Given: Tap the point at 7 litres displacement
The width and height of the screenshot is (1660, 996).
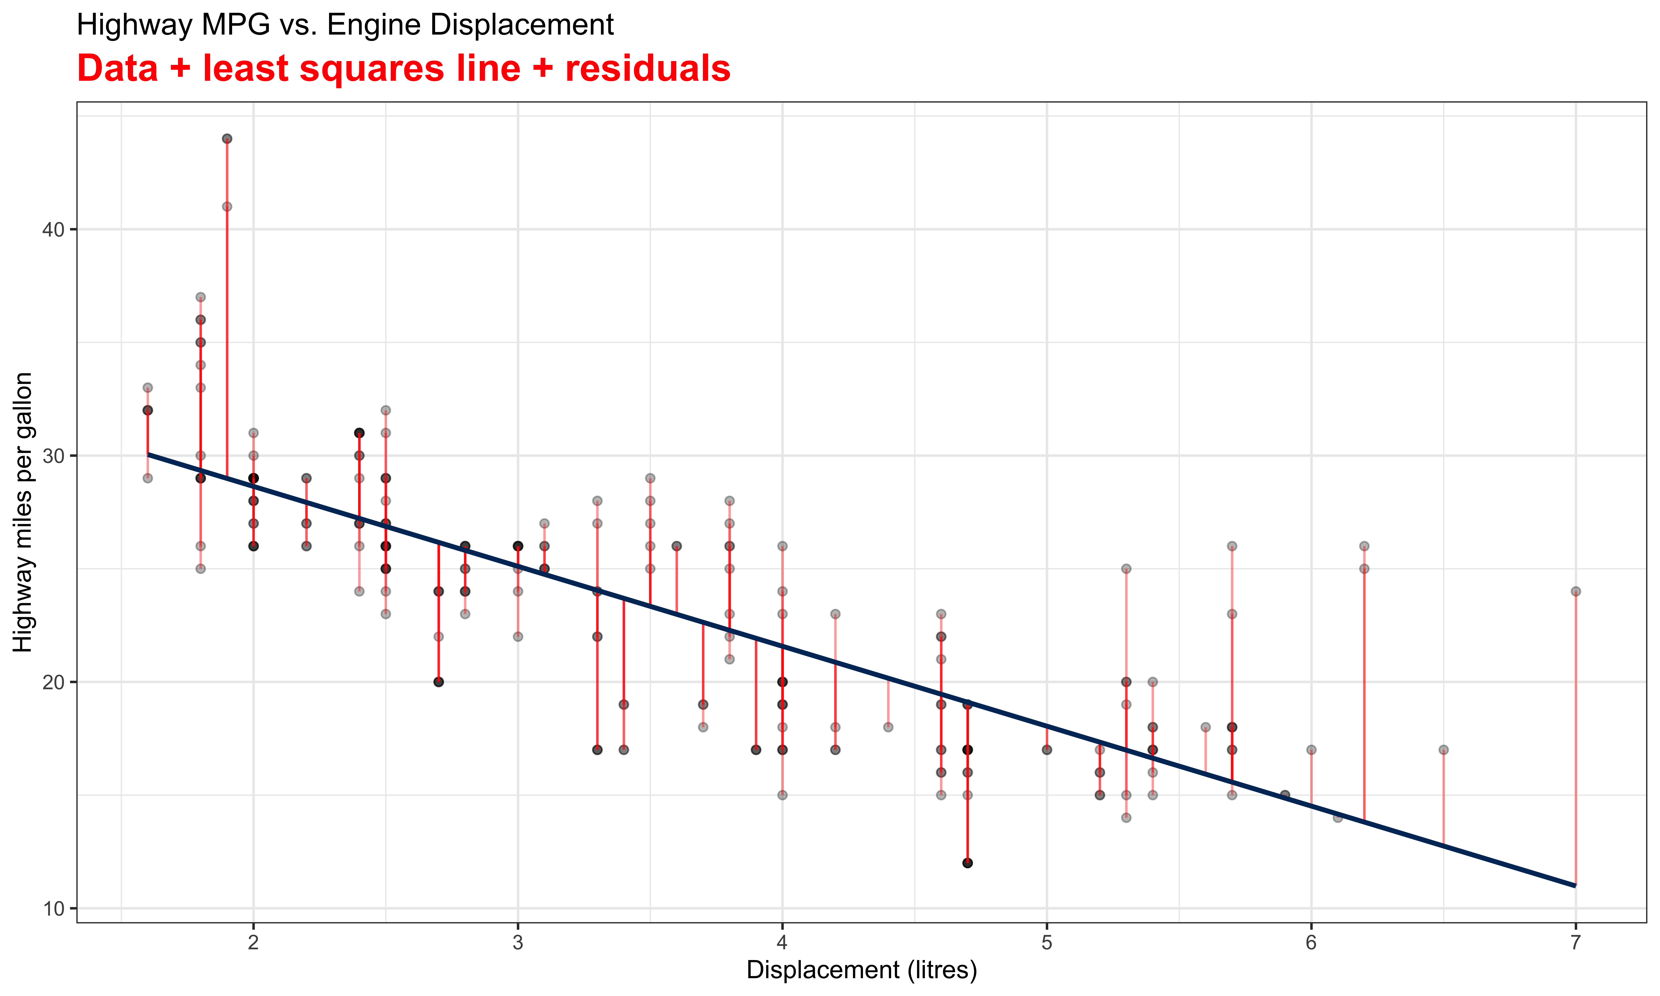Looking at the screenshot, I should click(x=1575, y=591).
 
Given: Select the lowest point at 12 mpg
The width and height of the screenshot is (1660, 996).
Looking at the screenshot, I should click(x=967, y=863).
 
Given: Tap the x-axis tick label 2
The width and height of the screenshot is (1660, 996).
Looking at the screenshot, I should click(x=253, y=942).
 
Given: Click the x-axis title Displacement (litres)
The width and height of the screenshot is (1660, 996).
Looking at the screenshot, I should click(x=861, y=970).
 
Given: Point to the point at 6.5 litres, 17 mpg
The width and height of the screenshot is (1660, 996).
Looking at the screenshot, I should click(x=1443, y=750).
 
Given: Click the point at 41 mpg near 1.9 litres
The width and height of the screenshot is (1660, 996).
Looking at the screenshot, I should click(x=227, y=207).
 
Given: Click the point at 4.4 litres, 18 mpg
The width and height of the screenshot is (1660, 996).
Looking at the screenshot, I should click(x=888, y=727).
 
